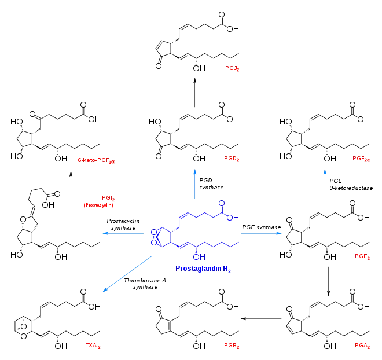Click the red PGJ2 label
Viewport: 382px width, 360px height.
[232, 68]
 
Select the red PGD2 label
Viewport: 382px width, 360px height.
[232, 159]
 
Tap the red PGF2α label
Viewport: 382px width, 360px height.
[361, 159]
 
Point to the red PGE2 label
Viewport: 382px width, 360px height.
[362, 256]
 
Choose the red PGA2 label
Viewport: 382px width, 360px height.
[362, 346]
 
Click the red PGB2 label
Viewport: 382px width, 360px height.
[232, 346]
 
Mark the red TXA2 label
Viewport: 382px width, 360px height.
[93, 346]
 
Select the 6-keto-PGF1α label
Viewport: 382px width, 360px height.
[96, 160]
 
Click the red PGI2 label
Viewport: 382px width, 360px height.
[108, 198]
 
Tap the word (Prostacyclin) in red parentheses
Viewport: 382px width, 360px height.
[98, 205]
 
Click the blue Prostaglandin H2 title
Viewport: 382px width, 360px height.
[203, 269]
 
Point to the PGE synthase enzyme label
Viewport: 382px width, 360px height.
[262, 227]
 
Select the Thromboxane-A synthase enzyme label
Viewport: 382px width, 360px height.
[145, 284]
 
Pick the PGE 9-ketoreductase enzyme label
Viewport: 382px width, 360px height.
[351, 185]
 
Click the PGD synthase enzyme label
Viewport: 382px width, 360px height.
[211, 184]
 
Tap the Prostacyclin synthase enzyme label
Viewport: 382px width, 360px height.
[123, 225]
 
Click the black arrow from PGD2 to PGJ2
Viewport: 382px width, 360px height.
[195, 93]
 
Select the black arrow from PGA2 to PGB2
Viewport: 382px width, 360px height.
[261, 318]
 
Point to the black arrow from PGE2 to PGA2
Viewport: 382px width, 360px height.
[328, 281]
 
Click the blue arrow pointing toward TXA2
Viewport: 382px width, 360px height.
[127, 274]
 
